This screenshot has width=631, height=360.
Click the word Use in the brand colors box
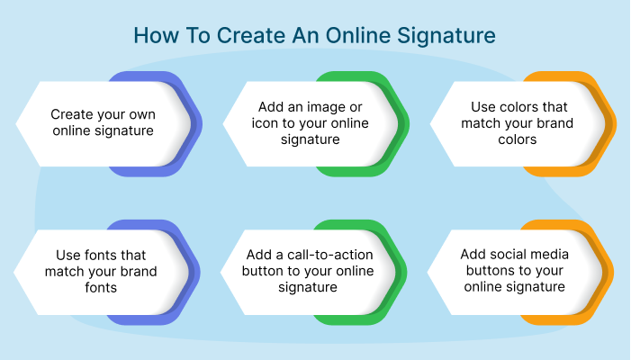pyautogui.click(x=484, y=107)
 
